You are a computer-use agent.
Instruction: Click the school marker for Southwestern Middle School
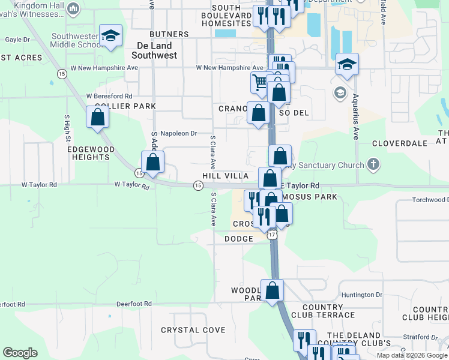110,37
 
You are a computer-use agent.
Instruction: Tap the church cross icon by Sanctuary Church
373,164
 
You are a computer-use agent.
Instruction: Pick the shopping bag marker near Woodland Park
272,290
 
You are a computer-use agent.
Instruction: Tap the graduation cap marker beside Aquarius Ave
346,64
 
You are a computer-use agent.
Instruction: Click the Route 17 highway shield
273,235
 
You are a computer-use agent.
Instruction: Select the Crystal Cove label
193,330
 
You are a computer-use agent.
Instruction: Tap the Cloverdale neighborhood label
399,143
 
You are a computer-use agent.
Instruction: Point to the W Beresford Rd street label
109,96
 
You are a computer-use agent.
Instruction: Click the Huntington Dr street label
361,295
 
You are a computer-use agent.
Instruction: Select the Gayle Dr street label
17,40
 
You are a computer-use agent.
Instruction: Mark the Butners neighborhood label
169,34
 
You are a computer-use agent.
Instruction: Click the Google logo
20,353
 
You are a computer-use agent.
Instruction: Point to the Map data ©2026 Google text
412,355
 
